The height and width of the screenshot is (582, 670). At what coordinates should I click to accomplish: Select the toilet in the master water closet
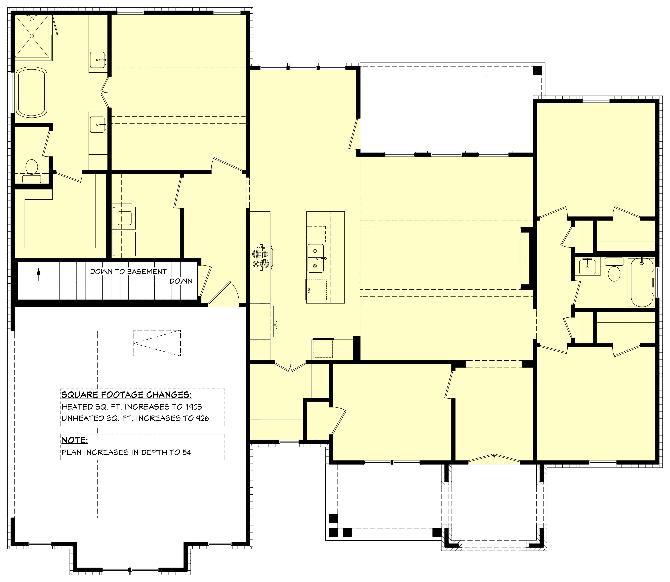coord(32,167)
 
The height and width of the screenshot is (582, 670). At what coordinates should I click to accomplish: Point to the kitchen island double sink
coord(315,259)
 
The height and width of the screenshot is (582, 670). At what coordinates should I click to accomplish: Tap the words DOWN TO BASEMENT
coord(128,272)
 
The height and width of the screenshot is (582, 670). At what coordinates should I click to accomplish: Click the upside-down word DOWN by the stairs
coord(181,281)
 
